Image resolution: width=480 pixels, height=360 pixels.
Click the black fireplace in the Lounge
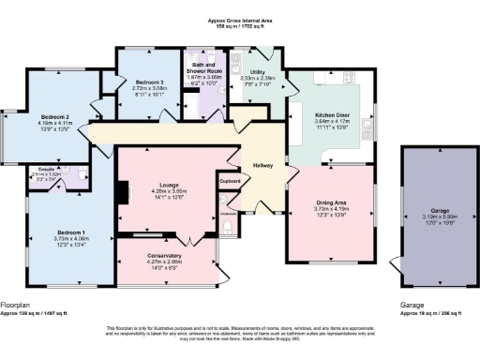(120, 192)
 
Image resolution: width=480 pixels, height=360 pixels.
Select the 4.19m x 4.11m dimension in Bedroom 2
(56, 123)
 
